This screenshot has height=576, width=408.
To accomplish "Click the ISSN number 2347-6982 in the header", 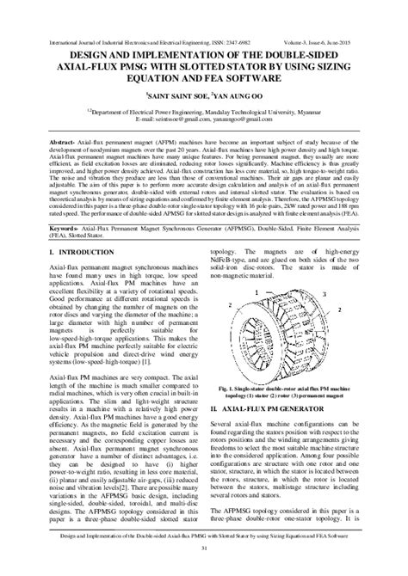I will (x=218, y=40).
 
